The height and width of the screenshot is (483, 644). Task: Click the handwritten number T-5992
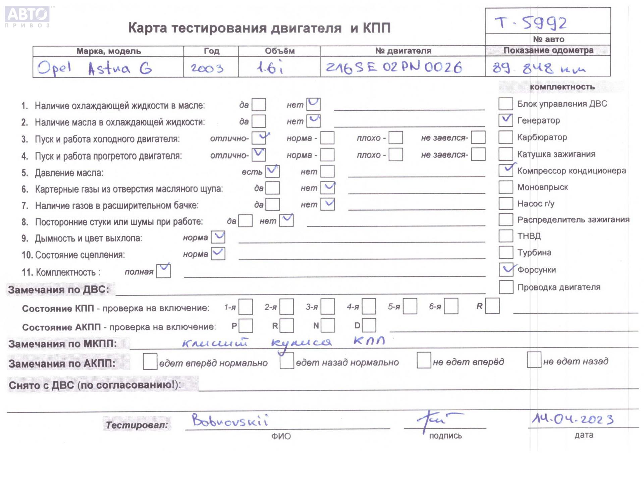pos(531,23)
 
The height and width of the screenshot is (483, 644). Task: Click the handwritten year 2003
pos(207,68)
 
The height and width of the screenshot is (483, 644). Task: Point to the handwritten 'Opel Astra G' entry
pos(95,68)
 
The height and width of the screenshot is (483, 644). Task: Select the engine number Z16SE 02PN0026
pos(394,67)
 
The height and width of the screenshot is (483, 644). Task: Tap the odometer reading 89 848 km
pos(539,68)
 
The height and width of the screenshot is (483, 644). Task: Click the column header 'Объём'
pos(279,51)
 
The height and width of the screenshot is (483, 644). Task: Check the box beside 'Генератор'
pos(505,120)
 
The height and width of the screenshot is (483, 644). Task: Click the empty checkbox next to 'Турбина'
pos(505,252)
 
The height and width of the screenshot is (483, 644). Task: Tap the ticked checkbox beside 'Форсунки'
pos(506,269)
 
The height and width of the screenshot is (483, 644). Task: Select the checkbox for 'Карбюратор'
pos(505,137)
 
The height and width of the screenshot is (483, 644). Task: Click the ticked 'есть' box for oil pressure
pos(272,171)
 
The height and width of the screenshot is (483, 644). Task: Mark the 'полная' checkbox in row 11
pos(163,271)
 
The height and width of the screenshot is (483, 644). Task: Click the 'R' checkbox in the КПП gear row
pos(492,306)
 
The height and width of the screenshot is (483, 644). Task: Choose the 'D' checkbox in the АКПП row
pos(369,325)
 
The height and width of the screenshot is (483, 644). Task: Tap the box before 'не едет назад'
pos(534,360)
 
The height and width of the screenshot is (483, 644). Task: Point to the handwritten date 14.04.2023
pos(572,419)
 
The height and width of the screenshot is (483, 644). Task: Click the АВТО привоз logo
pos(28,16)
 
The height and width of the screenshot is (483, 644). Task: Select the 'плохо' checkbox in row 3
pos(396,138)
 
